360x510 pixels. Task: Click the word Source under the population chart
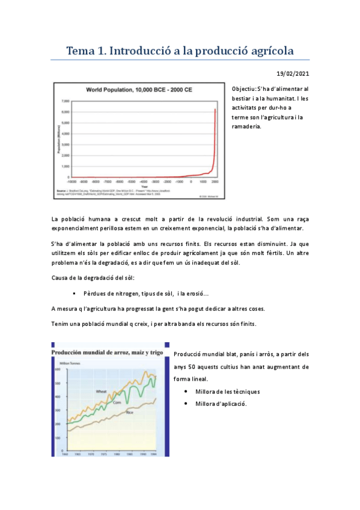(61, 188)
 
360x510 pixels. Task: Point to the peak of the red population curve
(216, 109)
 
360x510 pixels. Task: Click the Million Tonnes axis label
(67, 364)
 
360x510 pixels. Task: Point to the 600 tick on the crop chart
(58, 369)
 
